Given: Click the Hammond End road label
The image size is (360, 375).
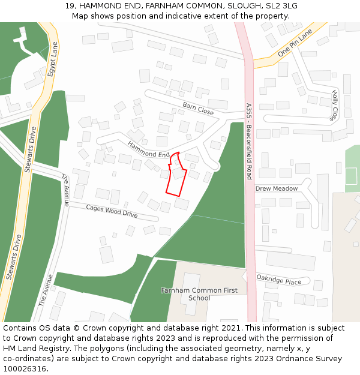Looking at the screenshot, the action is point(148,150).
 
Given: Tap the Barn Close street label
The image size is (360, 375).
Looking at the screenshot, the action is point(198,109).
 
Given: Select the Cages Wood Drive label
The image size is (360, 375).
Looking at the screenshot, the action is point(112,211).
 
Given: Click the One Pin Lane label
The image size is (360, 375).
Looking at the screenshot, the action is point(296,44).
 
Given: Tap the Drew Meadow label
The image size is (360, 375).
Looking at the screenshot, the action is point(276,188).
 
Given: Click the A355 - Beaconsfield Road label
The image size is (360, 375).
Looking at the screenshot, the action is point(249,141).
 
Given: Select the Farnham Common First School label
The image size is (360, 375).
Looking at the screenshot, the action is point(199,294).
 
